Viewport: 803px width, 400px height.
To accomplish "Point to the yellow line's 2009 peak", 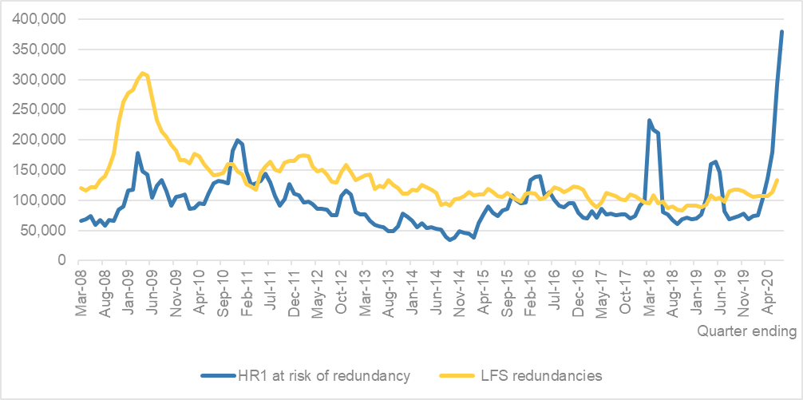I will pos(142,73).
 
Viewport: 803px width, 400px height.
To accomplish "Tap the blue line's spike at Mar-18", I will pos(649,121).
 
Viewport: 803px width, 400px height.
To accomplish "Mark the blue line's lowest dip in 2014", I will pos(450,240).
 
